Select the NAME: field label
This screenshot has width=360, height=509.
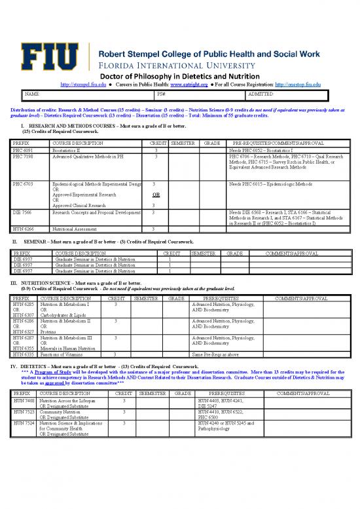coord(31,94)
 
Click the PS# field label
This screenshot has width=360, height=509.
coord(162,94)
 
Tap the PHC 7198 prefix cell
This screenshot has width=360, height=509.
coord(24,157)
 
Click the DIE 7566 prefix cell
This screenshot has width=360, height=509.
coord(24,213)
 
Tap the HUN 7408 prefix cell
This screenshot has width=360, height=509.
coord(24,399)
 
